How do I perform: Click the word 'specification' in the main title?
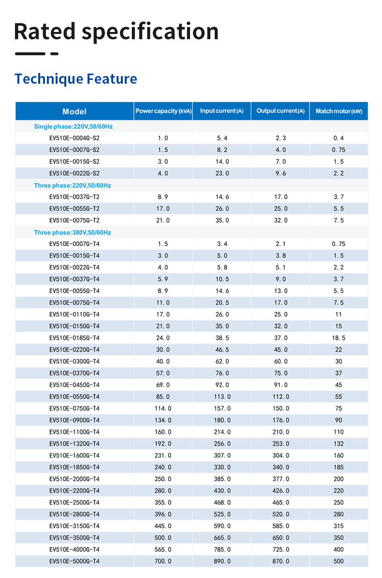tap(150, 32)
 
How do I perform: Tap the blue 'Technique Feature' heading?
tap(75, 79)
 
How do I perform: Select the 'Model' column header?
tap(74, 111)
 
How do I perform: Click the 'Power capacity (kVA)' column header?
tap(163, 111)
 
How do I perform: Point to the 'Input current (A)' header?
tap(221, 111)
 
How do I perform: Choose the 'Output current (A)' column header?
tap(280, 111)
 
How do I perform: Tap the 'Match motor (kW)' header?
tap(338, 111)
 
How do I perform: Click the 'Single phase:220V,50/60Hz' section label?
tap(73, 126)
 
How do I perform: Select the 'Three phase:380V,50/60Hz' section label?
tap(73, 232)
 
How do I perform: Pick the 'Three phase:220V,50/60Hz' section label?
tap(73, 185)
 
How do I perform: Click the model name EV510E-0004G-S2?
tap(74, 138)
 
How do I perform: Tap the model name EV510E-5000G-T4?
tap(74, 561)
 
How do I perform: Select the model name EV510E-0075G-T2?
tap(74, 220)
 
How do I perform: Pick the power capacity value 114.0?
tap(163, 409)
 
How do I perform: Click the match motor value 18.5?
tap(338, 338)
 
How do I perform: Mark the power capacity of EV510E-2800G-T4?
tap(163, 514)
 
